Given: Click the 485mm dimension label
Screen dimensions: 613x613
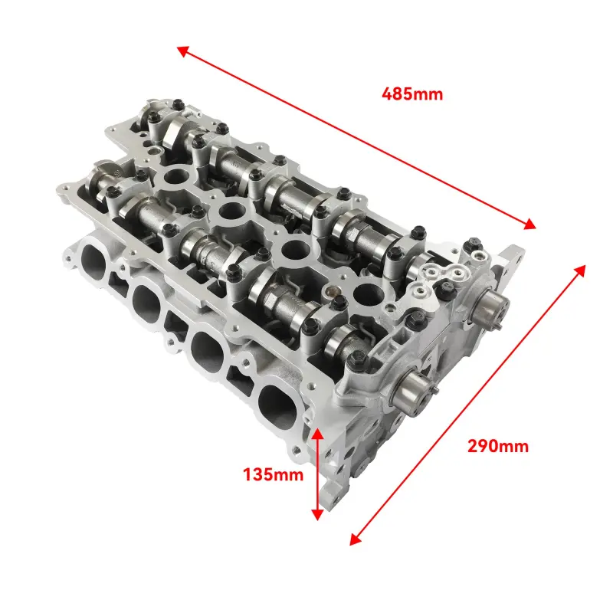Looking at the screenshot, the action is click(412, 94).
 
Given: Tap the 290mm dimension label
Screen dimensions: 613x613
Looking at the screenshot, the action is click(498, 446).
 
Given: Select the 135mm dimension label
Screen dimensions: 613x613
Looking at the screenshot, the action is click(273, 474).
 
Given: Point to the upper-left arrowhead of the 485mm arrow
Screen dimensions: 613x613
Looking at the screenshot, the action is click(182, 51).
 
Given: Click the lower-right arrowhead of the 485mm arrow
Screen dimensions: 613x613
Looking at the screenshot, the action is click(530, 224).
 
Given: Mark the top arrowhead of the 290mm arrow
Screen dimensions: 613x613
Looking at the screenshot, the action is click(580, 270).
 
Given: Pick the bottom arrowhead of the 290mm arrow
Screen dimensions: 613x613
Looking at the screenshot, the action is click(355, 539).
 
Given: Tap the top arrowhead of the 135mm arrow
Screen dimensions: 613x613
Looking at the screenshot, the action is click(317, 434).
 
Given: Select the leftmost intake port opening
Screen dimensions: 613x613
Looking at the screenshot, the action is click(93, 260).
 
